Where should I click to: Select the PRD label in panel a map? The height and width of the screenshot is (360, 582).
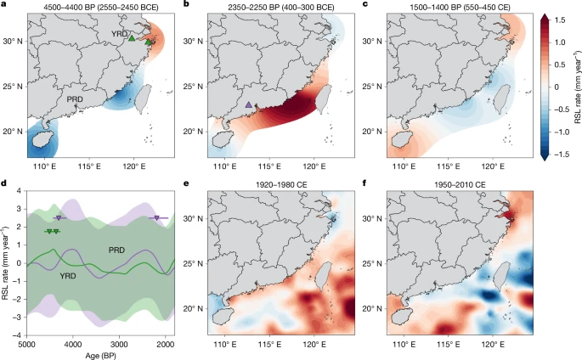(x=76, y=98)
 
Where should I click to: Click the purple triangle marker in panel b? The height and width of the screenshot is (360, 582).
(x=248, y=104)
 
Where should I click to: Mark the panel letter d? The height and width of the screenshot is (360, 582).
(x=6, y=184)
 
